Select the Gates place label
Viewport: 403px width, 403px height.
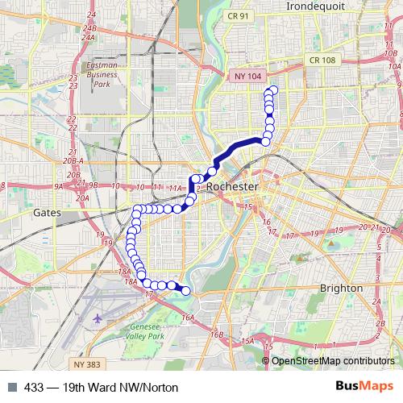click(48, 214)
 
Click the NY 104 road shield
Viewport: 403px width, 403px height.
click(250, 75)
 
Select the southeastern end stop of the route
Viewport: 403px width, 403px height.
click(186, 291)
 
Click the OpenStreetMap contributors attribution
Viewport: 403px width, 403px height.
click(334, 361)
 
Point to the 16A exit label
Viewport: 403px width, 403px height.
click(188, 318)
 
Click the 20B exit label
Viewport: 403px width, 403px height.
click(74, 174)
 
